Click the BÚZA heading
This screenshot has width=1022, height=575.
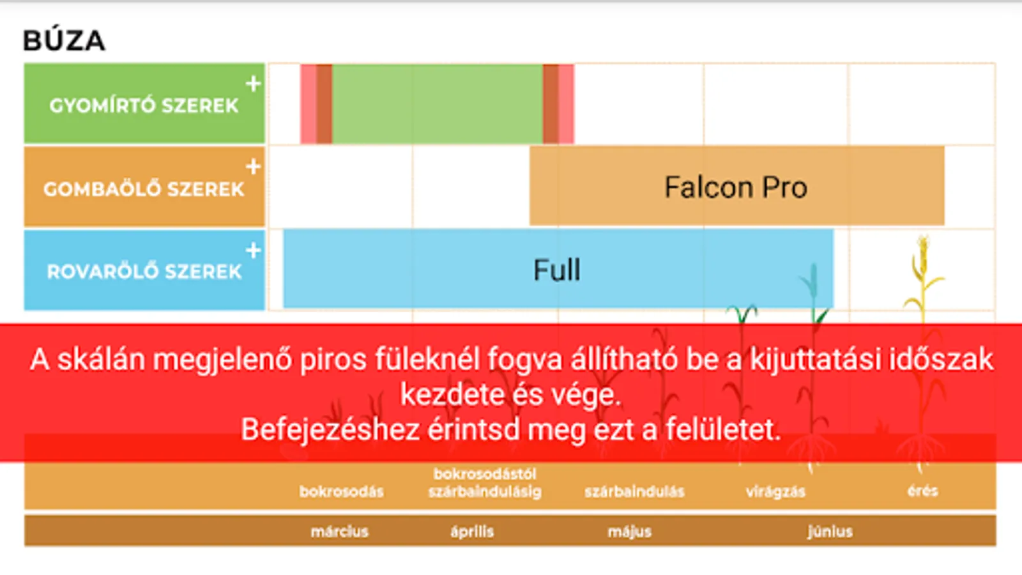coord(65,41)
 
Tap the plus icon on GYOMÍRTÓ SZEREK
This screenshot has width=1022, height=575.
coord(253,84)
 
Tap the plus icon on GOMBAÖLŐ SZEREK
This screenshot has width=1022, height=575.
coord(253,167)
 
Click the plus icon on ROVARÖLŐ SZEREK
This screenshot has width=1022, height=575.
coord(253,250)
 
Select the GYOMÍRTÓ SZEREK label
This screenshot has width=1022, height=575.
coord(144,106)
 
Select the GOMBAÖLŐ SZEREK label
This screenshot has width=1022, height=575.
coord(144,189)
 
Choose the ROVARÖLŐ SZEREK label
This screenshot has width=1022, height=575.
coord(144,272)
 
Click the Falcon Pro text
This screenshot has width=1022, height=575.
coord(736,187)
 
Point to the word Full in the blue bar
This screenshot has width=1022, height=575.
coord(557,270)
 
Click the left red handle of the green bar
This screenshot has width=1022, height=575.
coord(316,104)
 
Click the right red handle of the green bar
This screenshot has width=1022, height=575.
coord(558,104)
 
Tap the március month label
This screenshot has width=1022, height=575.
coord(339,532)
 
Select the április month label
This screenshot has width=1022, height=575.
coord(472,532)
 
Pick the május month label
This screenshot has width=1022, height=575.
coord(630,532)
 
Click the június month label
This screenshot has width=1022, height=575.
coord(830,532)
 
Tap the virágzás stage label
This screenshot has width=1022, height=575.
coord(775,492)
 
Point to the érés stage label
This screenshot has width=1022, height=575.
coord(922,491)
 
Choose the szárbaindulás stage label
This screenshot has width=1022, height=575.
coord(635,492)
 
